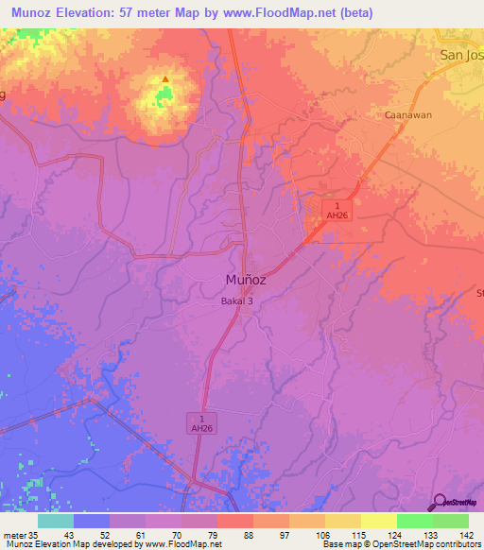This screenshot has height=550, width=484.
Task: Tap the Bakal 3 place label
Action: [x=232, y=301]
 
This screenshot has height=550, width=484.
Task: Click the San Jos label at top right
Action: [x=461, y=55]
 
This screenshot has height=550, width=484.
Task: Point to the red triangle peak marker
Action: [x=165, y=78]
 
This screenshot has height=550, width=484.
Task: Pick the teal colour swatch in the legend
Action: [x=56, y=521]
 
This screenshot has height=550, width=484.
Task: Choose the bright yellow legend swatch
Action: [x=379, y=521]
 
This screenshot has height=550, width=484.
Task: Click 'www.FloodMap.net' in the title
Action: [x=290, y=13]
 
